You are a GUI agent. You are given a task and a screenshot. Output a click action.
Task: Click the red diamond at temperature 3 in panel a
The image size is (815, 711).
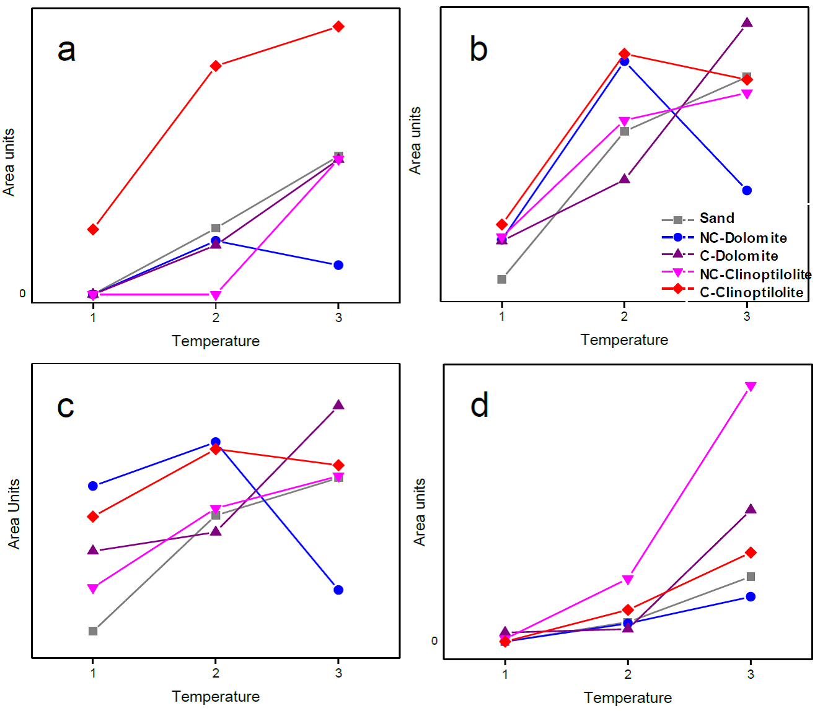coord(338,27)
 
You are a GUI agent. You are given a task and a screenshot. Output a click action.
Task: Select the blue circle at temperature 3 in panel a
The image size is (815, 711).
coord(338,265)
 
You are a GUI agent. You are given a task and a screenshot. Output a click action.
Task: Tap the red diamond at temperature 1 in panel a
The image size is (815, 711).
coord(93,230)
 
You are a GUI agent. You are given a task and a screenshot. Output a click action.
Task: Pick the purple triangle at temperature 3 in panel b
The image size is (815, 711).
coord(747,23)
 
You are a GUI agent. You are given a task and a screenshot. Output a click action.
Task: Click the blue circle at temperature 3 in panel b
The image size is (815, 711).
coord(747,191)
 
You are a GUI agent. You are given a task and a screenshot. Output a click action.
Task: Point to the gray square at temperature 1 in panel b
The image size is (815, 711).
coord(502,279)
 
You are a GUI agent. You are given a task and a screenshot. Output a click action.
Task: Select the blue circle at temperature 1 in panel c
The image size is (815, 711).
coord(93,486)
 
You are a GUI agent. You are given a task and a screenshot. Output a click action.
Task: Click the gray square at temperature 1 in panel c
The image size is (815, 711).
coord(93,631)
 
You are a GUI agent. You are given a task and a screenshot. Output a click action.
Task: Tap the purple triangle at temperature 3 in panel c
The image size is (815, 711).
coord(338,405)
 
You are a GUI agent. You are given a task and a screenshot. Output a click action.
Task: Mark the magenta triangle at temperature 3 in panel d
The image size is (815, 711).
coord(751,387)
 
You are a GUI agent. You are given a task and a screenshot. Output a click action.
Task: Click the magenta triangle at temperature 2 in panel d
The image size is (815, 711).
coord(628,580)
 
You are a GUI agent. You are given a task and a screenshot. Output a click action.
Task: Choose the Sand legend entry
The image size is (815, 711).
coord(716,219)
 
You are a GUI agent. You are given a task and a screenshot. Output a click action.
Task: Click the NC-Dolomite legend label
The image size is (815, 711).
coord(743,238)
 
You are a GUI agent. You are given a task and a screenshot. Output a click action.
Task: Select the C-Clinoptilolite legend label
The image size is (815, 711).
coord(751,292)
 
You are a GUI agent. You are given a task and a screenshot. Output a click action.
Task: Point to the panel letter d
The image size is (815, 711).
coord(480,406)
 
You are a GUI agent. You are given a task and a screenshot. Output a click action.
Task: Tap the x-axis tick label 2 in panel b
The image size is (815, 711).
coord(624,316)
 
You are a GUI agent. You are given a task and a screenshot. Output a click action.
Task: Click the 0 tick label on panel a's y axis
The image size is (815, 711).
coord(22,294)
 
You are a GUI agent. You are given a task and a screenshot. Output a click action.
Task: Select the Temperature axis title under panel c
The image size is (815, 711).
coord(216,697)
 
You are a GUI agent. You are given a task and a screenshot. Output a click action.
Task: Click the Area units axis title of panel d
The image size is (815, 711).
coord(420,512)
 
